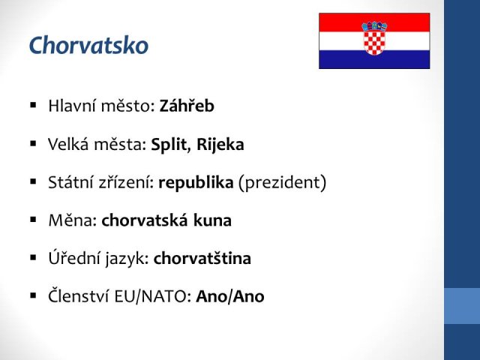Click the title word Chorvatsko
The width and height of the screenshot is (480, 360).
88,45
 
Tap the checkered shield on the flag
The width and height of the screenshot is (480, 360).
374,43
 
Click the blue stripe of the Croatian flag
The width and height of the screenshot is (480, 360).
374,59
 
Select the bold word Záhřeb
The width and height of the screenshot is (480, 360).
187,106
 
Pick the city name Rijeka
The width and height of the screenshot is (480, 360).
220,145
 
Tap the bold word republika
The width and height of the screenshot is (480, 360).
196,183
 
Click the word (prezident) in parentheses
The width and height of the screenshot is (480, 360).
282,183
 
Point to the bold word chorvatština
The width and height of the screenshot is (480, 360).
202,258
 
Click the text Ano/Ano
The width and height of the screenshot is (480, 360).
230,296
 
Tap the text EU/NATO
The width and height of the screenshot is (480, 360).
152,296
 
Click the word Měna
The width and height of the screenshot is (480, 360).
73,220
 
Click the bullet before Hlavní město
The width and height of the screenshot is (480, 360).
33,106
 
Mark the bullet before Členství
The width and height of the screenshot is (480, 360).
33,295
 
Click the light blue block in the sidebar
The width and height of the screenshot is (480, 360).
462,306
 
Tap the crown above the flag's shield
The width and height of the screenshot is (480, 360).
374,26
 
